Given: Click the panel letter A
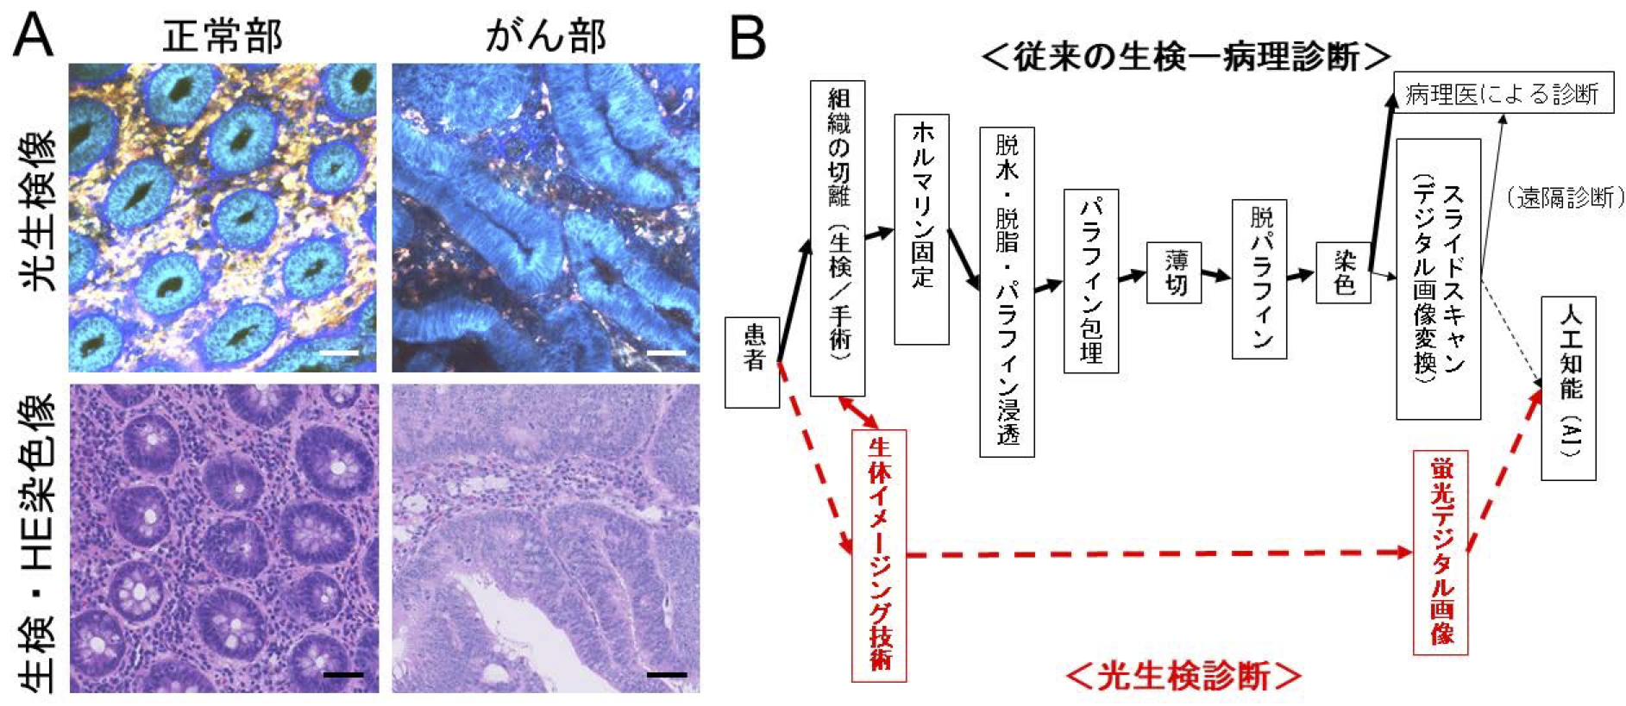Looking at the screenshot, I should click(33, 35).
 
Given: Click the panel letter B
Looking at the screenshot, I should click(747, 39).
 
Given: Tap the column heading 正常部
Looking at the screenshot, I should click(223, 37).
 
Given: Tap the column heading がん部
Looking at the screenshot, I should click(545, 36).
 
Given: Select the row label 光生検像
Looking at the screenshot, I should click(37, 211).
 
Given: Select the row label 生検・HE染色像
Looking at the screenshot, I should click(37, 543).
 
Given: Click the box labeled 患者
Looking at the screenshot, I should click(752, 362).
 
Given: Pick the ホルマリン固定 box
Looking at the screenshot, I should click(921, 229).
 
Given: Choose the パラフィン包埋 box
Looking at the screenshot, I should click(1090, 281).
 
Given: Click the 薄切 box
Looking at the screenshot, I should click(1173, 272).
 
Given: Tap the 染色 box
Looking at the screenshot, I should click(1343, 272).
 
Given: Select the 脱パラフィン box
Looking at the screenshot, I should click(1259, 278).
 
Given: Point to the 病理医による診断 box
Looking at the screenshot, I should click(1503, 93).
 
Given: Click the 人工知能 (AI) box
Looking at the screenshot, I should click(1568, 388).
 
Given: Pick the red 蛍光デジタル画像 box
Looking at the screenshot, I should click(1441, 552).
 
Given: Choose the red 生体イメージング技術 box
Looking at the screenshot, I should click(879, 555).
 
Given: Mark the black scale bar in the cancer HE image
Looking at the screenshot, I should click(666, 674).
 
